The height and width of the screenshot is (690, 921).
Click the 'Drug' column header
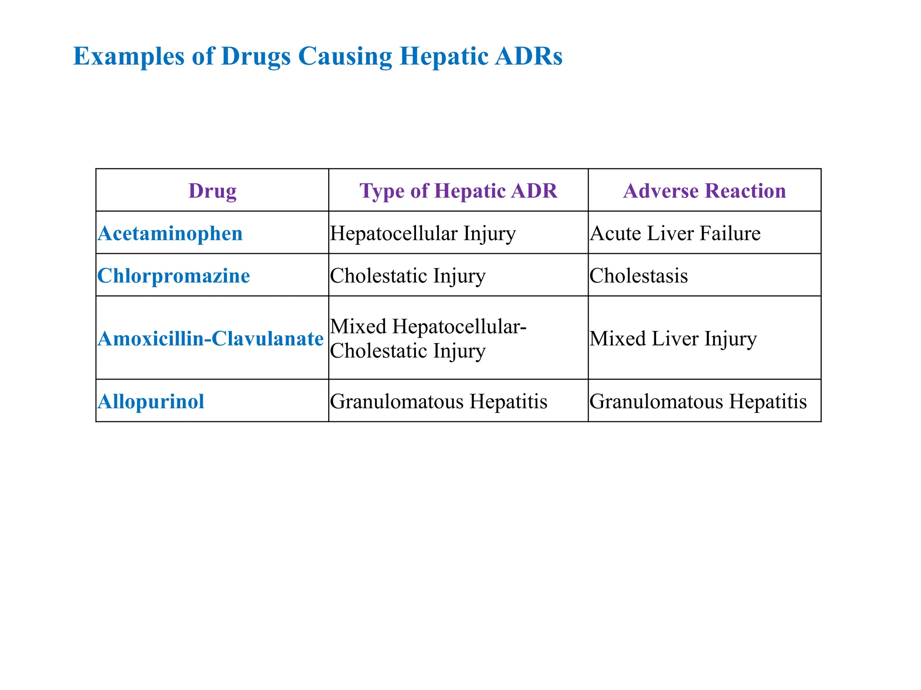(212, 190)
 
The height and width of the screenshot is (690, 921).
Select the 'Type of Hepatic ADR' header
(458, 190)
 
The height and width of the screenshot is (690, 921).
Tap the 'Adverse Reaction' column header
(704, 190)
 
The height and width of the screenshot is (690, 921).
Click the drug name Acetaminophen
(170, 233)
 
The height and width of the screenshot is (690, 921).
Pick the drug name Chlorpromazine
(174, 275)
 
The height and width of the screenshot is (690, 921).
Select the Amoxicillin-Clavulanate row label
(210, 338)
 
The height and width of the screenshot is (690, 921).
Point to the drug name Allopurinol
(151, 401)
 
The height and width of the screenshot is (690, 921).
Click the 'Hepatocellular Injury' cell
(423, 233)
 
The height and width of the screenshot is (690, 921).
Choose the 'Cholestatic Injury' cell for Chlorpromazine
(407, 275)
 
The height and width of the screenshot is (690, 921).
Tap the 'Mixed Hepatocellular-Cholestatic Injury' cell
(428, 338)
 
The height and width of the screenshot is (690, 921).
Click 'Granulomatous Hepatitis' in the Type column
(438, 401)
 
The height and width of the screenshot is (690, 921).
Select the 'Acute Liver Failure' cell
(675, 233)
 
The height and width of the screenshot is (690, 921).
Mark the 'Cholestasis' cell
(639, 275)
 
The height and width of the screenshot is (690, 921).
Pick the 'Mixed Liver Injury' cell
(673, 338)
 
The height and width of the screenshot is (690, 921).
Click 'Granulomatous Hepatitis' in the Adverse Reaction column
(698, 401)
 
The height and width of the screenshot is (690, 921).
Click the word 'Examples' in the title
(129, 57)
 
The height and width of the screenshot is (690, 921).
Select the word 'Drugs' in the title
(255, 57)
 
